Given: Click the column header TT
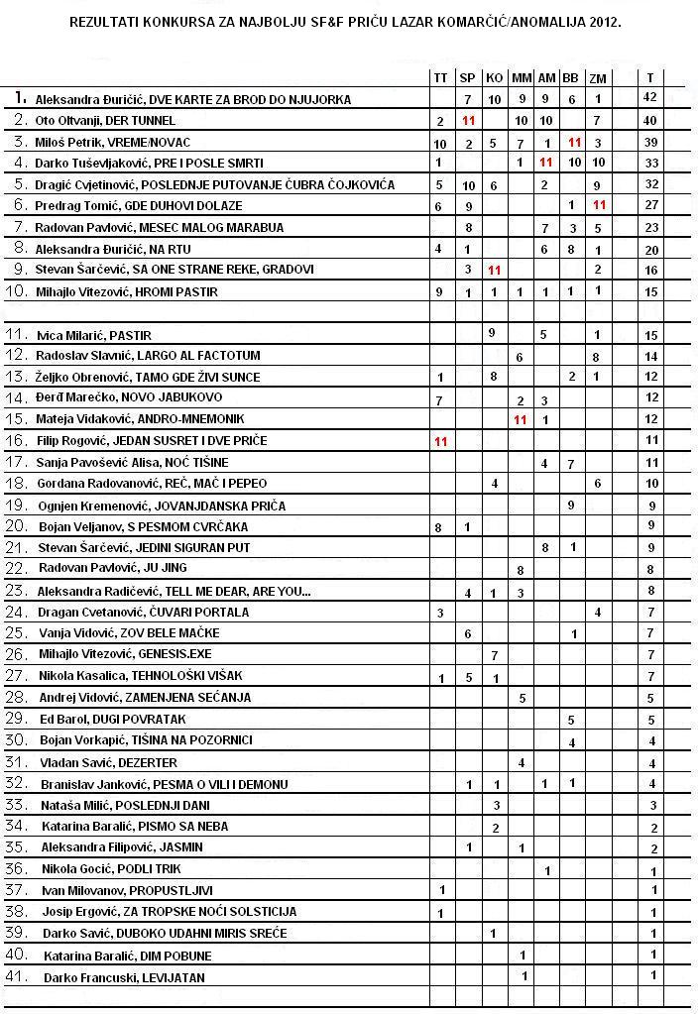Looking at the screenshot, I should tap(440, 77).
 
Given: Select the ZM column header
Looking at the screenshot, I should tap(597, 78).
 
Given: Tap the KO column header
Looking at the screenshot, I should tap(494, 77).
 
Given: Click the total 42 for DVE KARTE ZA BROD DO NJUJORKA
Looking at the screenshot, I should tap(650, 99).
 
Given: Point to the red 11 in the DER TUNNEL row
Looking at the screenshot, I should tap(469, 120).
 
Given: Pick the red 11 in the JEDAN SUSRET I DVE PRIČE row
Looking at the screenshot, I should tap(440, 440).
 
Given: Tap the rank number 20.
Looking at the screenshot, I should tap(20, 525).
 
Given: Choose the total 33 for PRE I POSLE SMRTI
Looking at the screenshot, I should tap(650, 163).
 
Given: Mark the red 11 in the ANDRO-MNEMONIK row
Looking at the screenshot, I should tap(521, 419).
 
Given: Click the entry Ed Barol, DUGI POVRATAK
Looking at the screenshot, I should tap(112, 719).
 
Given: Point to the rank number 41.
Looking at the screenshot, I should tap(20, 976).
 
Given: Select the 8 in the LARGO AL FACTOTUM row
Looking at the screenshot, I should tap(596, 355).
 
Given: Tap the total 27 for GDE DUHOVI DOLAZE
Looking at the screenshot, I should tap(650, 205).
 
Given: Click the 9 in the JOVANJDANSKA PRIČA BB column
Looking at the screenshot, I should tap(571, 505).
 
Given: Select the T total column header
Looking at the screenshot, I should tap(650, 77).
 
